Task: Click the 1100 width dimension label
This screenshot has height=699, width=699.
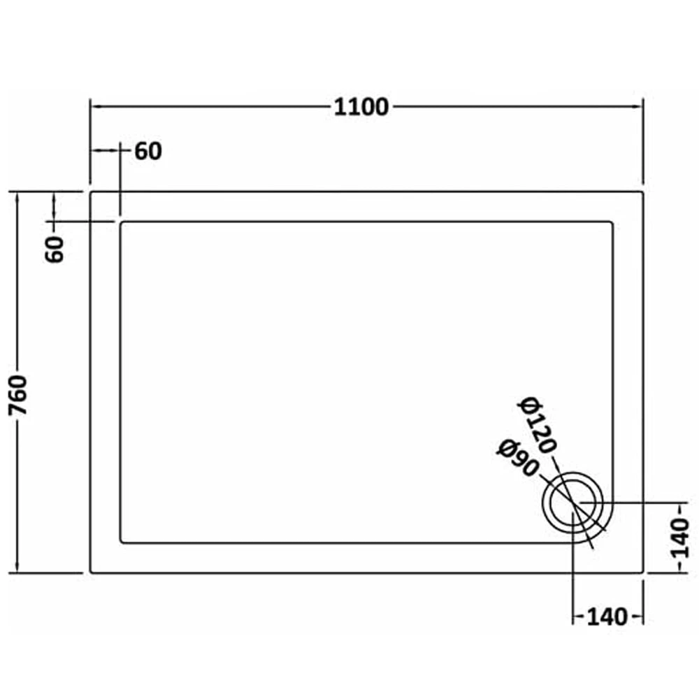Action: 361,108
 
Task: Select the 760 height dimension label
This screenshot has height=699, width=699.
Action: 18,395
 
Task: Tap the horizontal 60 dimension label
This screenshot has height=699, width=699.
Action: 148,152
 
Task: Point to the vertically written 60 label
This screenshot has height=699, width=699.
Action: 55,250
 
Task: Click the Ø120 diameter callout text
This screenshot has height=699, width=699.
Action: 537,425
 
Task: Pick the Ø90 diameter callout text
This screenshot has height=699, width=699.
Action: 519,458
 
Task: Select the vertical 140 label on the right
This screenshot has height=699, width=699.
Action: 680,538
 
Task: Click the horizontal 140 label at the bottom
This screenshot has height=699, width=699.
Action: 607,617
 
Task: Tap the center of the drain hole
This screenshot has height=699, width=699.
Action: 573,503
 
